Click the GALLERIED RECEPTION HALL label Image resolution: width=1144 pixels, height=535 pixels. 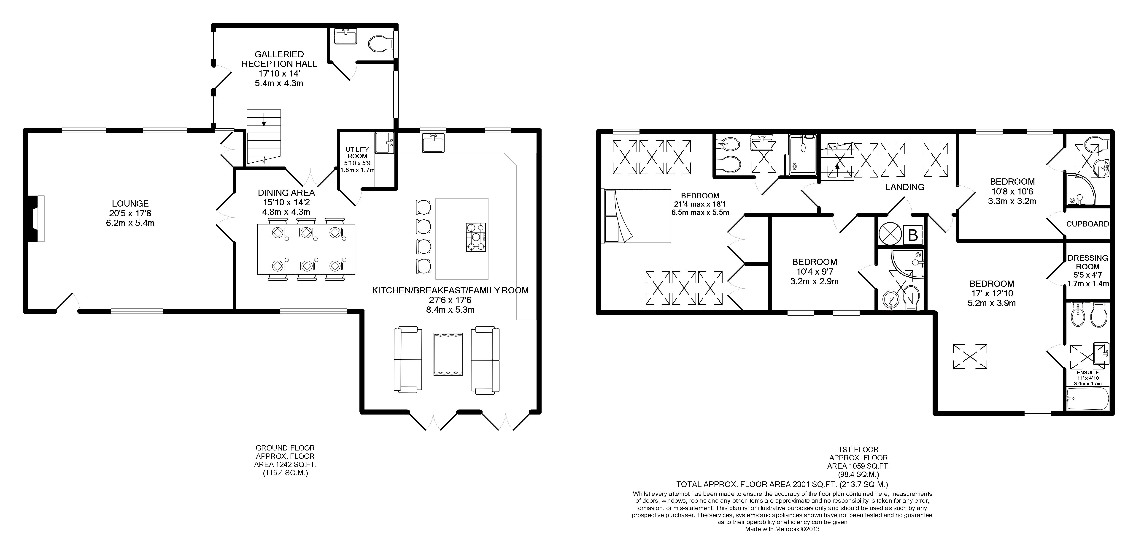pyautogui.click(x=279, y=59)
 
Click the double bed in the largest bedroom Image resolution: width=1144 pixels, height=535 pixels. pyautogui.click(x=636, y=216)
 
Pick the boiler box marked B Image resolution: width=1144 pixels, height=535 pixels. pyautogui.click(x=913, y=235)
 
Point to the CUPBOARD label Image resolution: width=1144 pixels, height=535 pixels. pyautogui.click(x=1087, y=224)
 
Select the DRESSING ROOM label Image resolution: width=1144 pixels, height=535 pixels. pyautogui.click(x=1087, y=262)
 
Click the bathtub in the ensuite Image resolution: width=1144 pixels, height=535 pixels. pyautogui.click(x=1087, y=399)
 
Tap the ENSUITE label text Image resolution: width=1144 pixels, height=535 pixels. pyautogui.click(x=1087, y=372)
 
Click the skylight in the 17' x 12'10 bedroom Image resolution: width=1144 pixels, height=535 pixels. pyautogui.click(x=970, y=356)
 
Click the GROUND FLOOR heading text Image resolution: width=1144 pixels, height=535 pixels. pyautogui.click(x=285, y=448)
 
